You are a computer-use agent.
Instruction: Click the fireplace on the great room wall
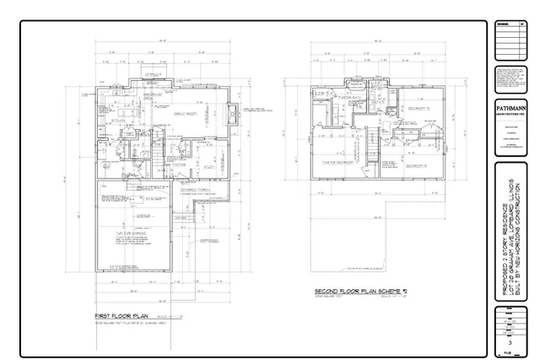233,116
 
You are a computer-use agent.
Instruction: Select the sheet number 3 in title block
509,331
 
